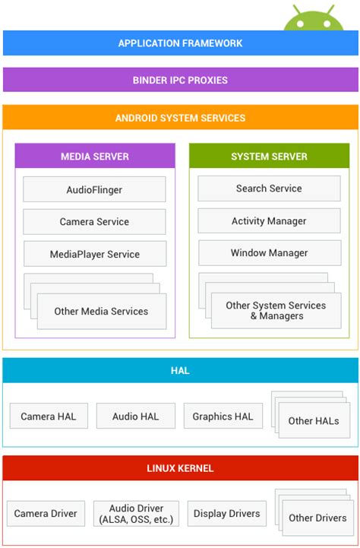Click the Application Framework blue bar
pos(180,43)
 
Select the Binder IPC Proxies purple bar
pos(180,80)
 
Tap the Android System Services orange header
pos(180,118)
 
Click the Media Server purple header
pos(95,157)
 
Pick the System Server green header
pos(269,157)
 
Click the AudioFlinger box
pos(94,189)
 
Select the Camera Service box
pos(94,222)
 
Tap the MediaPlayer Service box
pos(94,254)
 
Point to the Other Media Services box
pos(101,311)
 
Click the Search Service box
pos(269,188)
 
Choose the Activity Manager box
pos(269,221)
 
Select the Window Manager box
pos(269,253)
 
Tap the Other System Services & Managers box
pos(276,310)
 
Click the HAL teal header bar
pos(180,371)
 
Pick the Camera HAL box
pos(49,417)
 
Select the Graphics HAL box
pos(223,417)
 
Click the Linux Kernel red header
pos(180,468)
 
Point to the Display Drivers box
pos(226,514)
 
